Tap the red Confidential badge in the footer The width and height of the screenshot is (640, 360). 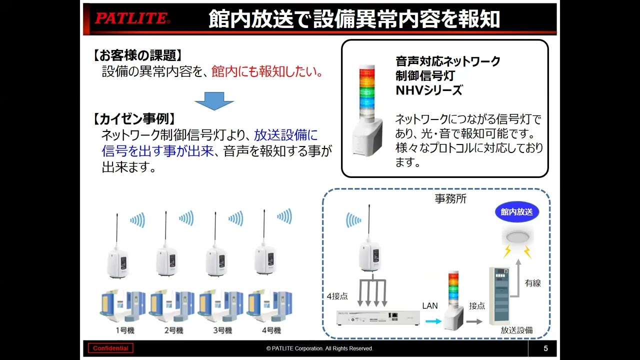[110, 348]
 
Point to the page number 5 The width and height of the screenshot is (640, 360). [545, 348]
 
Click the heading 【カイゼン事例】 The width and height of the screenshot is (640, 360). [134, 119]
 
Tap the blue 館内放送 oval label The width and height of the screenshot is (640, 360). [517, 212]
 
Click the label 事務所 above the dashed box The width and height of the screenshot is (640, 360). [450, 198]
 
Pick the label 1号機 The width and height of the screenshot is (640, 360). [124, 330]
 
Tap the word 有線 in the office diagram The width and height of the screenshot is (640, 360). [533, 283]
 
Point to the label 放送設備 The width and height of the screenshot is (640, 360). [516, 330]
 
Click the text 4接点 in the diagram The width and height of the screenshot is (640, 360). [337, 296]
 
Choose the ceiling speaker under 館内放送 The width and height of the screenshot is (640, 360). [517, 235]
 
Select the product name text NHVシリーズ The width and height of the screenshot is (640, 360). [428, 90]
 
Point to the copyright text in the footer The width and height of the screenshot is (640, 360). [319, 348]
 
